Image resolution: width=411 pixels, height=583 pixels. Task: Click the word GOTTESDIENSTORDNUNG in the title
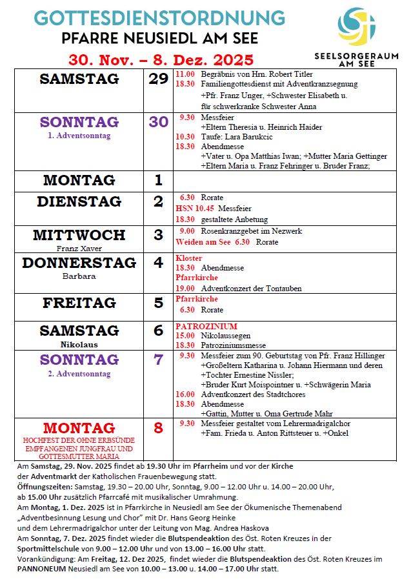(159, 17)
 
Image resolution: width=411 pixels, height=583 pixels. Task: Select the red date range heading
(161, 59)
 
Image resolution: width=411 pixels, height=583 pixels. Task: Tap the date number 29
(158, 79)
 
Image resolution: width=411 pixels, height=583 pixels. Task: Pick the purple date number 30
(158, 122)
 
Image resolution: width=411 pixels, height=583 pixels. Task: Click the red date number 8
(158, 428)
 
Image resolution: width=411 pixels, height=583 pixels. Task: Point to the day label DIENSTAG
(79, 201)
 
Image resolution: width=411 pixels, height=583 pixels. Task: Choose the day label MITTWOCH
(79, 234)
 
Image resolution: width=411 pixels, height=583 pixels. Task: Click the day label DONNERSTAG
(79, 263)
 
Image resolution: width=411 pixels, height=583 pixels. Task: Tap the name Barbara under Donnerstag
(79, 276)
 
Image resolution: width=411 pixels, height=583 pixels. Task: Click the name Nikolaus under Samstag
(79, 345)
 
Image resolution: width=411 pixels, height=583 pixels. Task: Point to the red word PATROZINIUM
(206, 327)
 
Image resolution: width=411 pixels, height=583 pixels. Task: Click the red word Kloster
(188, 258)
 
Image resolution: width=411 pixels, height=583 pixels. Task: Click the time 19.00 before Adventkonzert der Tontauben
(185, 288)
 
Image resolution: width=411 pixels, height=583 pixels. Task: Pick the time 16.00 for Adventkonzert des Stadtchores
(185, 394)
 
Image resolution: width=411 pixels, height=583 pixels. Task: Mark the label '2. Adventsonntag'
(79, 374)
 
